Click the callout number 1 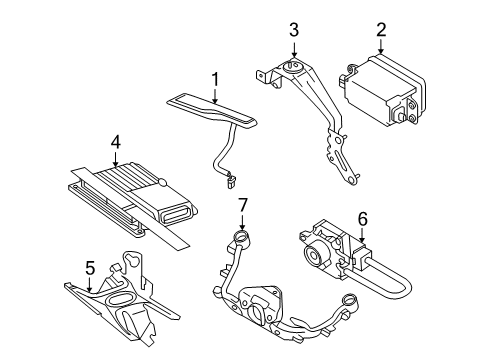214,77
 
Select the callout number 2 381,32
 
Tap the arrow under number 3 293,53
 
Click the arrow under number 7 241,225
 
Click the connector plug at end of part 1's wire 232,181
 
